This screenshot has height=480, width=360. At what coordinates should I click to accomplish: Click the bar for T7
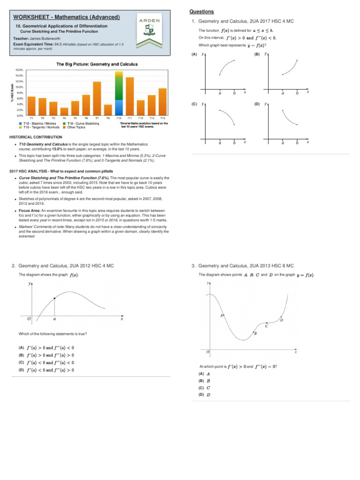pos(97,98)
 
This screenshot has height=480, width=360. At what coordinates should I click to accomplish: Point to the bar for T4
pos(64,111)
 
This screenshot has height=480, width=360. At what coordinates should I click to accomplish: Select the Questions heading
pos(202,11)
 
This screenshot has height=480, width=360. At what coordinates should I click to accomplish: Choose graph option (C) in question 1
pos(194,104)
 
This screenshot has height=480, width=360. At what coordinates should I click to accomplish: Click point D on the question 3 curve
pos(281,320)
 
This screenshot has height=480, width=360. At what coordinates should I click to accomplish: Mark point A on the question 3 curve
pos(221,315)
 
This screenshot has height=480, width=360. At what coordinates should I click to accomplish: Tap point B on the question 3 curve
pos(255,334)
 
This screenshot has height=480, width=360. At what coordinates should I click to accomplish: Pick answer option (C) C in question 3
pos(204,388)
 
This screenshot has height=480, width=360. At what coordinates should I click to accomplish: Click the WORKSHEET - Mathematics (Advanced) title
pos(63,17)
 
